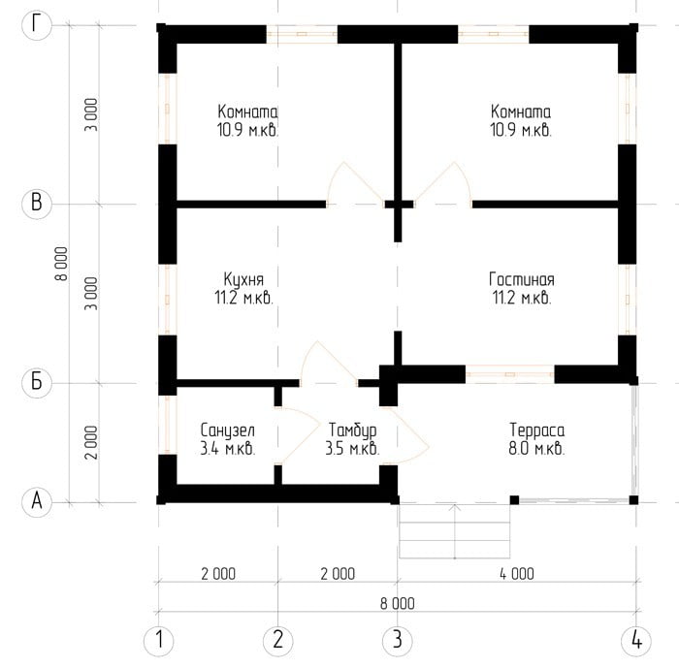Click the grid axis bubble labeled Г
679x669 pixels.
(37, 25)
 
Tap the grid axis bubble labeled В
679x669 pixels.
(37, 204)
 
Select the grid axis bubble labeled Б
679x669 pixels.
(37, 383)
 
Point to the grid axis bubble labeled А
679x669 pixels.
(37, 502)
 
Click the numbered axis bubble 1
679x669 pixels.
(158, 640)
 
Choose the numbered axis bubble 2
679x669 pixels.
(278, 640)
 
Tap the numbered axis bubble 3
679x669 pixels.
(397, 640)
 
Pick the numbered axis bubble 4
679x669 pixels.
(636, 640)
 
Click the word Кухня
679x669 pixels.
(243, 280)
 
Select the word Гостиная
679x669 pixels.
(522, 279)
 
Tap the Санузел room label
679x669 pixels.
(228, 431)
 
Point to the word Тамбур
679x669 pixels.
(352, 431)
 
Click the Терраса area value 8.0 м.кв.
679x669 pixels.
(536, 449)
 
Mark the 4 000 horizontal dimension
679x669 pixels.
(517, 574)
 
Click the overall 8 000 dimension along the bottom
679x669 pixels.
(397, 603)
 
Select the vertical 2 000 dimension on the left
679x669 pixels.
(91, 442)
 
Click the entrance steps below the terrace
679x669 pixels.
(454, 531)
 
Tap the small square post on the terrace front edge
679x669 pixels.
(514, 500)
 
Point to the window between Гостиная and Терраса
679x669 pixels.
(510, 374)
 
